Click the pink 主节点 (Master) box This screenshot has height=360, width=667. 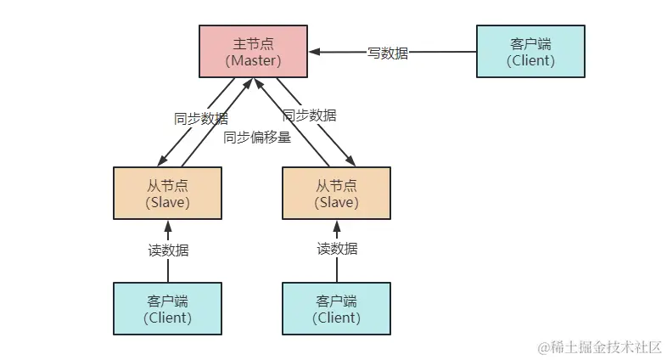click(x=253, y=51)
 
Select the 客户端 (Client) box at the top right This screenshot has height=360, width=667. click(x=530, y=51)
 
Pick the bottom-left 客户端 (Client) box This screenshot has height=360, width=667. click(x=167, y=309)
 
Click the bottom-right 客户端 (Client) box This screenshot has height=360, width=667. click(x=336, y=309)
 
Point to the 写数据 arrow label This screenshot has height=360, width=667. click(x=388, y=53)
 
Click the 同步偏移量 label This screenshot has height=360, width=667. click(x=257, y=137)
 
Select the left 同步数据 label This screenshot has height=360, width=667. click(x=201, y=119)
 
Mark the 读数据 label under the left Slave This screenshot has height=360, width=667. click(x=168, y=250)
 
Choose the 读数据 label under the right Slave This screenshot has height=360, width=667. click(x=337, y=249)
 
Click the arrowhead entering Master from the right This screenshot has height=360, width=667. click(x=314, y=52)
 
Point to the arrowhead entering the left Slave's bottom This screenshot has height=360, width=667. click(x=168, y=225)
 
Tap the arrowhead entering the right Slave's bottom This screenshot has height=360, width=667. click(x=337, y=225)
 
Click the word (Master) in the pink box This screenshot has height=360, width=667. click(x=253, y=60)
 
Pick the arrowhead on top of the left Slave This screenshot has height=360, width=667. click(x=160, y=162)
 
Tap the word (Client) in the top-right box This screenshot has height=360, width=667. click(x=530, y=60)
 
